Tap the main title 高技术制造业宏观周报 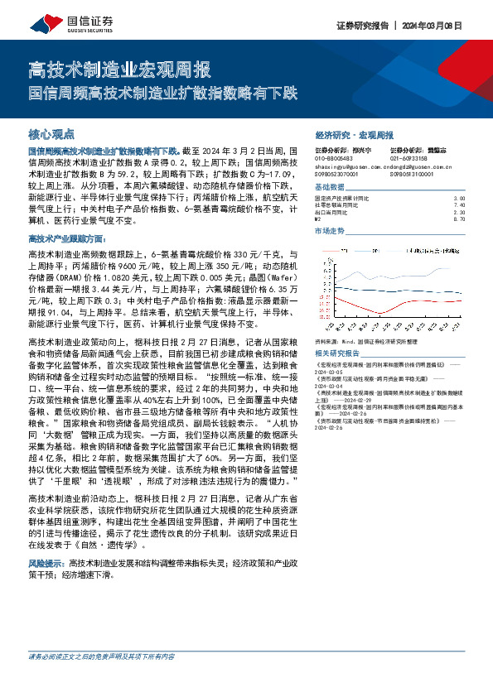pos(120,69)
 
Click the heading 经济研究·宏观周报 pos(355,135)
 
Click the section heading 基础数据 pos(331,189)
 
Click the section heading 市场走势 pos(331,231)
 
